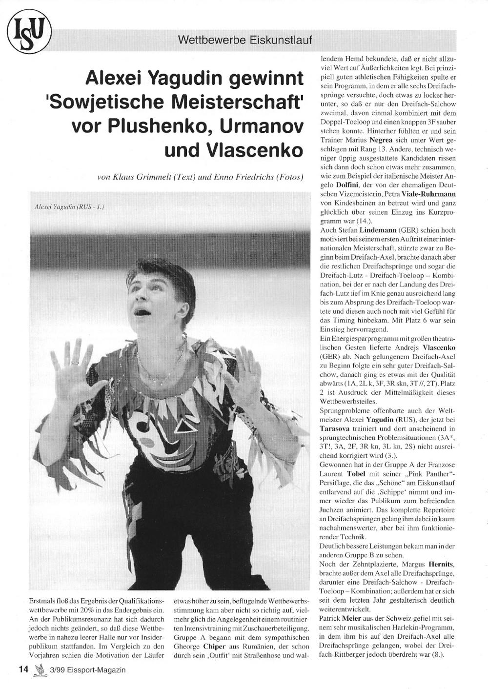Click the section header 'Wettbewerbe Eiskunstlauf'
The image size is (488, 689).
(x=245, y=40)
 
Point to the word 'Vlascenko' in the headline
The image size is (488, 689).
(x=254, y=150)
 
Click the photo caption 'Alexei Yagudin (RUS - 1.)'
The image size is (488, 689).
(x=69, y=207)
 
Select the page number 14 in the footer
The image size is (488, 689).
(x=23, y=669)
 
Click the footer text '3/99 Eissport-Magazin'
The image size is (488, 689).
(x=87, y=670)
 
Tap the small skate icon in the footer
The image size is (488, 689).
(x=40, y=670)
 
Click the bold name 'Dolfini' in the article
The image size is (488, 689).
(x=347, y=185)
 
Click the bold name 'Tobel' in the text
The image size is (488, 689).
(x=356, y=473)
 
